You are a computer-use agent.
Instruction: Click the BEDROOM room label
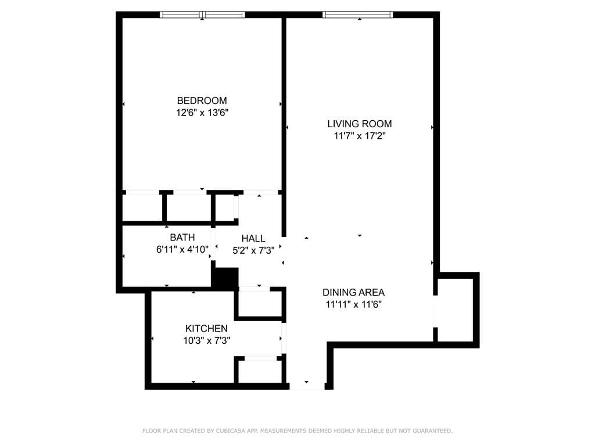point(202,100)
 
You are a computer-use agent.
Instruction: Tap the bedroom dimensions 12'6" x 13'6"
point(202,113)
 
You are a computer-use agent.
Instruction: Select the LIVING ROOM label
point(360,124)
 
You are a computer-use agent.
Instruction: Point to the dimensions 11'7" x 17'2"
point(360,136)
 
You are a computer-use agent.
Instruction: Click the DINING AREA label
point(353,293)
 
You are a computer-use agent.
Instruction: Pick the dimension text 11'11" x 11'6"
point(353,304)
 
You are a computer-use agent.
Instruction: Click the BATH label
point(182,238)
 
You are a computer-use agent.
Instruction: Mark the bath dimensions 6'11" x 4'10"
point(182,250)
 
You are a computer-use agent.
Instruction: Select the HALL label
point(253,239)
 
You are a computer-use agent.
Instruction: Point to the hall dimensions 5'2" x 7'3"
point(253,250)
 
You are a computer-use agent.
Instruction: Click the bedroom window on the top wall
point(202,15)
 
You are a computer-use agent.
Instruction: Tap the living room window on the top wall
point(357,15)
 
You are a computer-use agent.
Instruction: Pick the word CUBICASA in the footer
point(230,431)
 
